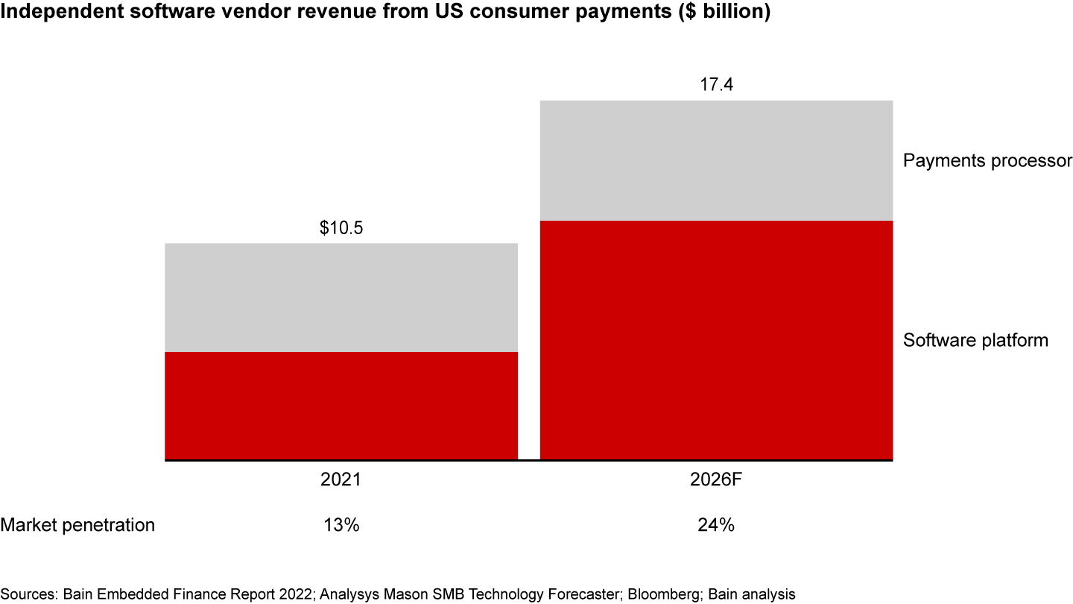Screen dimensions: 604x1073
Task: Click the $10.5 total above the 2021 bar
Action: [x=341, y=228]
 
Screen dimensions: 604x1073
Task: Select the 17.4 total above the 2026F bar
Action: [x=716, y=85]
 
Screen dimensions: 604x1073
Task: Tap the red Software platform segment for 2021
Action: [x=341, y=406]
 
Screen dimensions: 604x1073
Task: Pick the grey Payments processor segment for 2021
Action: [x=341, y=297]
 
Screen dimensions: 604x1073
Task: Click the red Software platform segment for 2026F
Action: [x=716, y=340]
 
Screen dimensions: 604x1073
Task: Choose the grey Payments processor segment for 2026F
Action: [x=716, y=160]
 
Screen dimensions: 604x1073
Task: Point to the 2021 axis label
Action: [x=341, y=479]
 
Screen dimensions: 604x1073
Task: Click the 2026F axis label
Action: [x=716, y=479]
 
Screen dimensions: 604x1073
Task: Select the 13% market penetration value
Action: [x=341, y=525]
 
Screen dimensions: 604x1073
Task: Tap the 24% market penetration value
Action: [x=716, y=525]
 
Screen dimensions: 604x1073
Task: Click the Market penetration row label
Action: [x=77, y=525]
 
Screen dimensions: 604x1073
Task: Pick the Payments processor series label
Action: [x=987, y=160]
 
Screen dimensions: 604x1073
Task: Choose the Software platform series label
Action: [x=975, y=340]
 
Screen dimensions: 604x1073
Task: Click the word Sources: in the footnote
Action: [x=28, y=594]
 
